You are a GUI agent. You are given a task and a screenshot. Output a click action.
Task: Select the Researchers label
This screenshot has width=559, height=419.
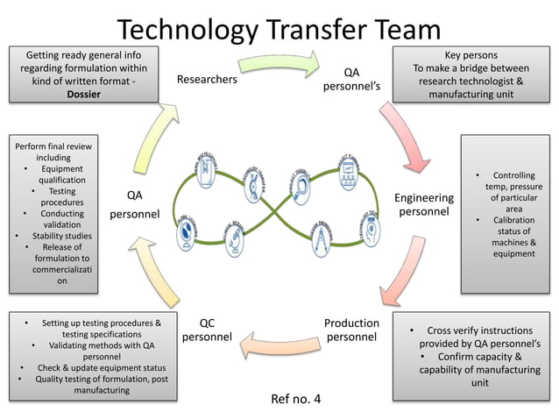(x=207, y=79)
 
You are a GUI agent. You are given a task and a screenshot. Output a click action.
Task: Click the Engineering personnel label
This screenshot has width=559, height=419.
(x=424, y=205)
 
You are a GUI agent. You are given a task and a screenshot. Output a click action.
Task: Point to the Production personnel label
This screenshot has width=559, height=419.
(x=351, y=330)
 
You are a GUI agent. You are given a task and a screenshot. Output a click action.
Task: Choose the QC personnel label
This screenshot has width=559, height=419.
(x=207, y=330)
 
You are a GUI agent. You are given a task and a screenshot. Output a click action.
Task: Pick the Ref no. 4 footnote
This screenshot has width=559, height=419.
(x=296, y=400)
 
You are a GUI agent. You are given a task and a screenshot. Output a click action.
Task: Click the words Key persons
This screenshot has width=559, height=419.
(x=471, y=54)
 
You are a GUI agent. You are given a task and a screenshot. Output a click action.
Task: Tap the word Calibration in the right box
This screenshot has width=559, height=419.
(x=513, y=220)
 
